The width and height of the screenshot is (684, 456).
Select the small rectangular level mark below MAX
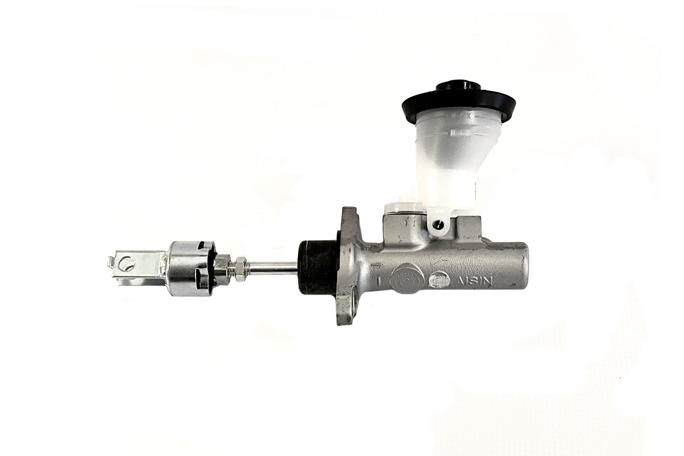pos(460,133)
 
